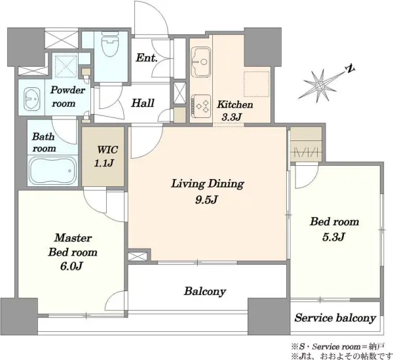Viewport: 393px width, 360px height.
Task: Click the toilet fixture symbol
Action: pyautogui.click(x=110, y=47)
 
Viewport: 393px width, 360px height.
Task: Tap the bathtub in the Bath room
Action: pyautogui.click(x=53, y=170)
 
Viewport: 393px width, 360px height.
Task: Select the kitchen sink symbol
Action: pyautogui.click(x=200, y=62)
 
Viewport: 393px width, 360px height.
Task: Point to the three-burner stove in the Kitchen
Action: pyautogui.click(x=201, y=106)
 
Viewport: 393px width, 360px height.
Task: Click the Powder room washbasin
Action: pyautogui.click(x=31, y=98)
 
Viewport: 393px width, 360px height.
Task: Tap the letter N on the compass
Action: pyautogui.click(x=350, y=69)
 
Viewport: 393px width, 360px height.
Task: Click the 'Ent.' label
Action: pyautogui.click(x=147, y=58)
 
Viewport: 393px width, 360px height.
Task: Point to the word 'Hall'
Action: pyautogui.click(x=143, y=103)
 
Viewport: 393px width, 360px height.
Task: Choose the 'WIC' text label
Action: pyautogui.click(x=107, y=150)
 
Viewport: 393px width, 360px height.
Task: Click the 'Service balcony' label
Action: pyautogui.click(x=335, y=318)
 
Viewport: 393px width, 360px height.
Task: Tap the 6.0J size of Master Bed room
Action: pyautogui.click(x=71, y=266)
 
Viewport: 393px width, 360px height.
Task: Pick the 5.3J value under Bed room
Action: pyautogui.click(x=333, y=237)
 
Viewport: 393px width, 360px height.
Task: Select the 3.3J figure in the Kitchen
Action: pyautogui.click(x=231, y=117)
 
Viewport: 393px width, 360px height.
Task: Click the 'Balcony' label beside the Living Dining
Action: pyautogui.click(x=205, y=292)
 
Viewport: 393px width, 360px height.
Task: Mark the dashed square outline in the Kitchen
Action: pyautogui.click(x=256, y=84)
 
